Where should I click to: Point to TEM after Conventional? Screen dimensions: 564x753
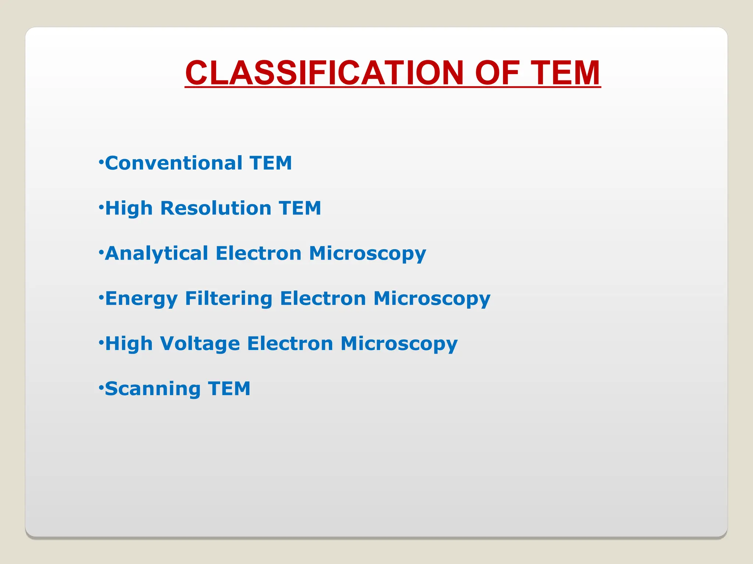click(x=271, y=163)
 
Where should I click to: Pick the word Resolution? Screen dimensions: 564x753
click(x=216, y=208)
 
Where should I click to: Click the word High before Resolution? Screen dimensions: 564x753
click(x=129, y=208)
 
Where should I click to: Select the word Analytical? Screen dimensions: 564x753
click(x=157, y=253)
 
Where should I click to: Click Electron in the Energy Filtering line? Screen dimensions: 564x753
click(x=323, y=298)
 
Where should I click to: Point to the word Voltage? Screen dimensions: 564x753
click(x=200, y=344)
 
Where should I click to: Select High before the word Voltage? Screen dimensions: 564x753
click(x=129, y=344)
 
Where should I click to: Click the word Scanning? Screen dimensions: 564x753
click(x=153, y=389)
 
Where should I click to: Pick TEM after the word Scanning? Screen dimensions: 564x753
click(x=229, y=388)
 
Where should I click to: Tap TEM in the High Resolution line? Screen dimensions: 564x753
click(x=300, y=208)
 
